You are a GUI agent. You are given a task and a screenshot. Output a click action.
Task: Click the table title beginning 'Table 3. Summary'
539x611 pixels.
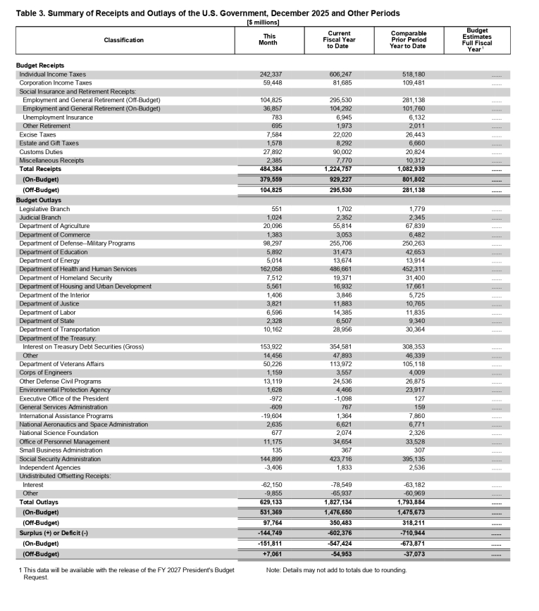coord(207,13)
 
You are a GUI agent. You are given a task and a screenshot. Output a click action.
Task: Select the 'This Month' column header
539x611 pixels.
coord(269,39)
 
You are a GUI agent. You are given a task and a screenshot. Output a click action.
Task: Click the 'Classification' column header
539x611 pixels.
coord(124,40)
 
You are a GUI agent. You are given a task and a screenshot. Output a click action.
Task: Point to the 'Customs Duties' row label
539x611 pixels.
coord(41,151)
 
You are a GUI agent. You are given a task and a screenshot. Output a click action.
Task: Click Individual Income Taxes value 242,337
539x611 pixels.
coord(269,74)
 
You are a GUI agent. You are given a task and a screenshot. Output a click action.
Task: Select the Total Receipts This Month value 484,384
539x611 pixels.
coord(268,169)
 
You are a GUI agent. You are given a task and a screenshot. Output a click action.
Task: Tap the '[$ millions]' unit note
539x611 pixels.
coord(264,23)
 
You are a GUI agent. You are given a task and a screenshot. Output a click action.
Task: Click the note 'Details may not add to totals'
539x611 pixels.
coord(337,569)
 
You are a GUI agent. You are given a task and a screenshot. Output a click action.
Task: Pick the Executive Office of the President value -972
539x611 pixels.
coord(273,398)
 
